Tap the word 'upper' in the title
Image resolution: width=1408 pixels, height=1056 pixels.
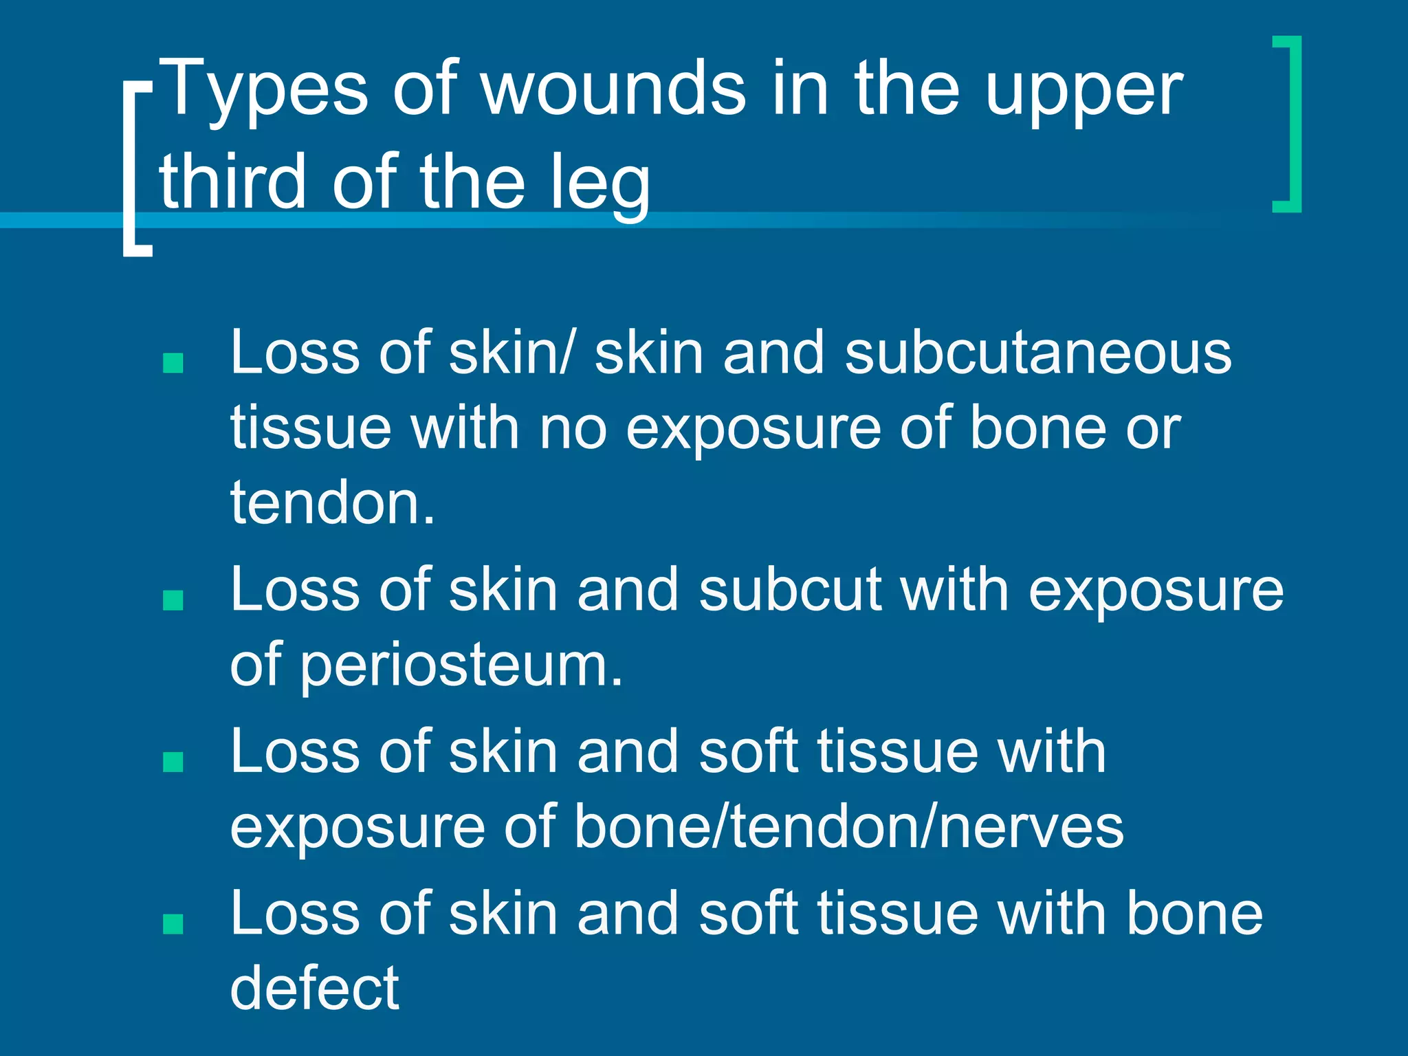pyautogui.click(x=1084, y=93)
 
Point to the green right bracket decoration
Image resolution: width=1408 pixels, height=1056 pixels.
pyautogui.click(x=1288, y=124)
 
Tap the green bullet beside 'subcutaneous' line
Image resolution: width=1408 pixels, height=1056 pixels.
pyautogui.click(x=173, y=362)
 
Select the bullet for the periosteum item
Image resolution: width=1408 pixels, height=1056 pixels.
pyautogui.click(x=173, y=600)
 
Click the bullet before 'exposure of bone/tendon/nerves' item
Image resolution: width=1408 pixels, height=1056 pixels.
pyautogui.click(x=173, y=762)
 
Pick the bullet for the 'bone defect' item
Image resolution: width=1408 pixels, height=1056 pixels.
pyautogui.click(x=173, y=924)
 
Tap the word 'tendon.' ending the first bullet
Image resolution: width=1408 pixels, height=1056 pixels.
pyautogui.click(x=333, y=503)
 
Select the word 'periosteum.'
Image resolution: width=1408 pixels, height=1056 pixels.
pyautogui.click(x=461, y=665)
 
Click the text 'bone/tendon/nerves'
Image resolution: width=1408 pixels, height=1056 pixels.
pyautogui.click(x=849, y=827)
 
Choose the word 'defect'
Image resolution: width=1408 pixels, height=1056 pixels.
pyautogui.click(x=314, y=988)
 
